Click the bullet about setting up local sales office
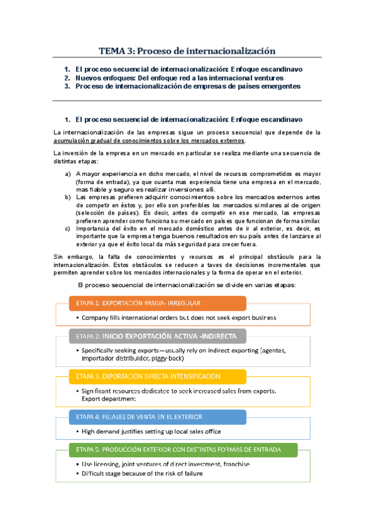[x=150, y=431]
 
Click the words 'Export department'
[x=108, y=398]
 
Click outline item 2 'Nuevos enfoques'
[x=179, y=78]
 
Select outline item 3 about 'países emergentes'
[x=187, y=87]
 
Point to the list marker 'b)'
[x=68, y=197]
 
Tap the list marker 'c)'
[x=68, y=228]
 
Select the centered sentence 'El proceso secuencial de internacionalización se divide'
[x=186, y=284]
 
